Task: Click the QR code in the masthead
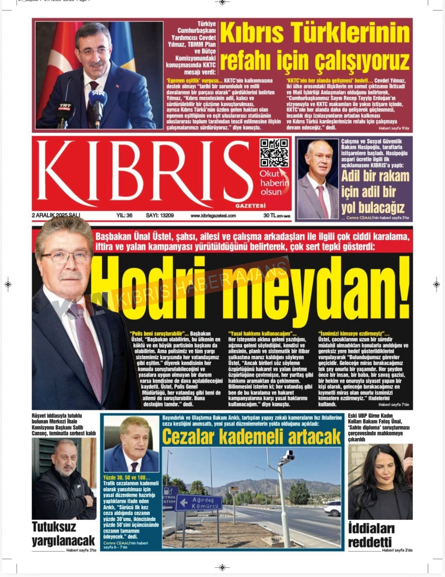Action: [x=274, y=153]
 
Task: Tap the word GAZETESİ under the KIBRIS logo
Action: [x=250, y=206]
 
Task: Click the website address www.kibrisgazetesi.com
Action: [x=213, y=216]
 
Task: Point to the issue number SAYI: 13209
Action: [x=160, y=216]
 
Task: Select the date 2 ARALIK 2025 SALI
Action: [x=56, y=216]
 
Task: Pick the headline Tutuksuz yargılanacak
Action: [x=63, y=534]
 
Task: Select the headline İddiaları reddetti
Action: [x=371, y=535]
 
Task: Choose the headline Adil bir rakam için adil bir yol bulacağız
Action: [x=375, y=192]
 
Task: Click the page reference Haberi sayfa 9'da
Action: [x=394, y=128]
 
